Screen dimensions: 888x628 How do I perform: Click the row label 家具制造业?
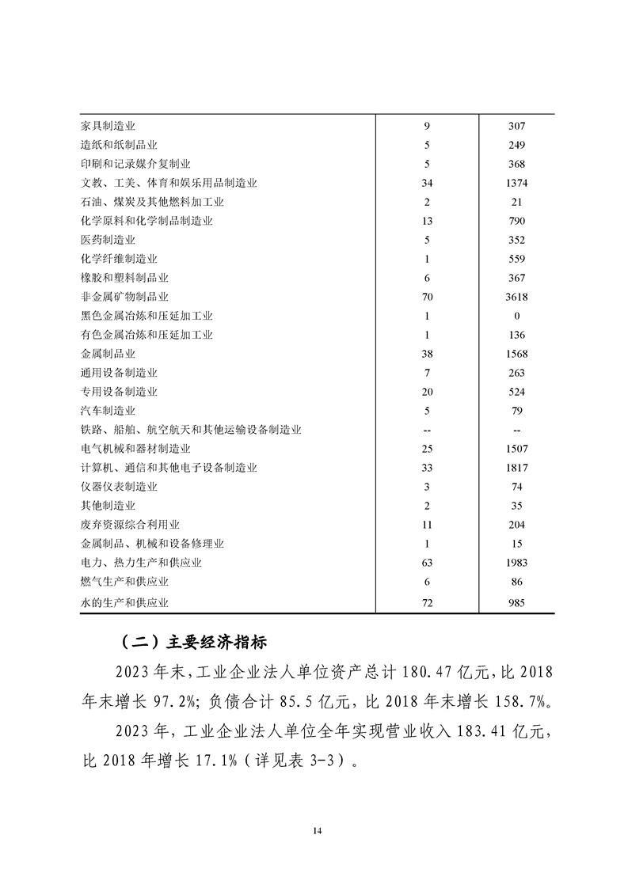click(x=108, y=126)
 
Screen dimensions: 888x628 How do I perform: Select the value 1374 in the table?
click(x=516, y=183)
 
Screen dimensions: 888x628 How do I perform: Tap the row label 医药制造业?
click(x=108, y=240)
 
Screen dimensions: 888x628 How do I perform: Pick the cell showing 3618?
click(x=516, y=297)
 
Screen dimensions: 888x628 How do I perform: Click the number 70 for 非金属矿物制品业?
click(x=426, y=297)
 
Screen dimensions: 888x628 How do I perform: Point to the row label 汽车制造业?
click(x=108, y=411)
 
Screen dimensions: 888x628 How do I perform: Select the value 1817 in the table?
click(x=516, y=468)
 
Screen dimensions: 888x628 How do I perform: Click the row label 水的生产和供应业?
click(x=125, y=602)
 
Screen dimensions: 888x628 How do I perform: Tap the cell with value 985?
click(x=516, y=602)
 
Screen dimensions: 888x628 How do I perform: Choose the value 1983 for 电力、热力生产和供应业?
click(x=516, y=563)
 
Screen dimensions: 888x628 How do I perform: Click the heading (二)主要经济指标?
click(x=195, y=641)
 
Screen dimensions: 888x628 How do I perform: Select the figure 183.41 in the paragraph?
click(x=478, y=734)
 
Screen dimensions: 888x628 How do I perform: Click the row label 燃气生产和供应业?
click(x=125, y=582)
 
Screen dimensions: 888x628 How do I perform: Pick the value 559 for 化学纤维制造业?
click(x=516, y=259)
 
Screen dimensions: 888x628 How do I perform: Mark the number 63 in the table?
click(x=426, y=563)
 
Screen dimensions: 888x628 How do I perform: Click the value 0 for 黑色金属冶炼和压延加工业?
click(x=516, y=316)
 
